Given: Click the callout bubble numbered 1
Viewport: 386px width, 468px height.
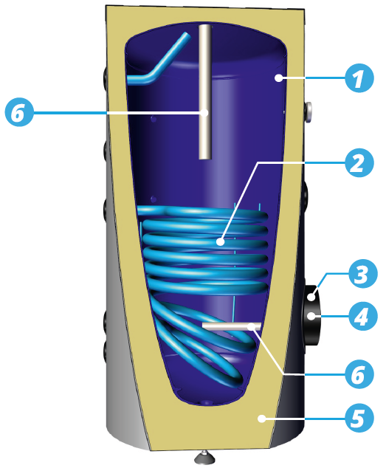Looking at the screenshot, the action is [x=359, y=78].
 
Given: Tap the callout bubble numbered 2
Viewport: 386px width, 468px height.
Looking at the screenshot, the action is [x=359, y=162].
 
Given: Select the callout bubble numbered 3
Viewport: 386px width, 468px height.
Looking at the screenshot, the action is [x=362, y=274].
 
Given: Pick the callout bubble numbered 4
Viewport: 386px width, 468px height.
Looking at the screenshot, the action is [x=362, y=316].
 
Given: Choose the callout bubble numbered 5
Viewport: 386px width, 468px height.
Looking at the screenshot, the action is [x=359, y=418].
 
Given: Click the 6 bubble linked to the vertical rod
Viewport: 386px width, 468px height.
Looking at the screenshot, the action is [x=19, y=113].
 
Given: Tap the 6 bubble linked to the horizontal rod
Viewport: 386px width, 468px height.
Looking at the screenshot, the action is [x=359, y=374].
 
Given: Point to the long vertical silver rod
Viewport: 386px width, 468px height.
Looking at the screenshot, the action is [x=205, y=92].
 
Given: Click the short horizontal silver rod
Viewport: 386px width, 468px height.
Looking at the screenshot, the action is [x=232, y=326].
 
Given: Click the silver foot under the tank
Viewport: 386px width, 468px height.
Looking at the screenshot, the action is [x=204, y=457].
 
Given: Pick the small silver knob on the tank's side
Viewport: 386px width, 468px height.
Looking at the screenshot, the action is [x=309, y=112].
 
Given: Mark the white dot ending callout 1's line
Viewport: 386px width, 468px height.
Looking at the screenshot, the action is [x=278, y=78].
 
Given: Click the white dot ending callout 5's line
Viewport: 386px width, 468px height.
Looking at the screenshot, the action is [x=262, y=419].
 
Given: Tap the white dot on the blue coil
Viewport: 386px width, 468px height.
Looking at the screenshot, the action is [x=221, y=242].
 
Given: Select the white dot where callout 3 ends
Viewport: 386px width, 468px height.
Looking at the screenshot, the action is [x=311, y=297].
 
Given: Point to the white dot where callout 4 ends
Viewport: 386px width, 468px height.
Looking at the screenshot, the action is [x=311, y=316].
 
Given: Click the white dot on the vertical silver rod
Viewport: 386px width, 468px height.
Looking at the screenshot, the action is [x=204, y=113].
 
